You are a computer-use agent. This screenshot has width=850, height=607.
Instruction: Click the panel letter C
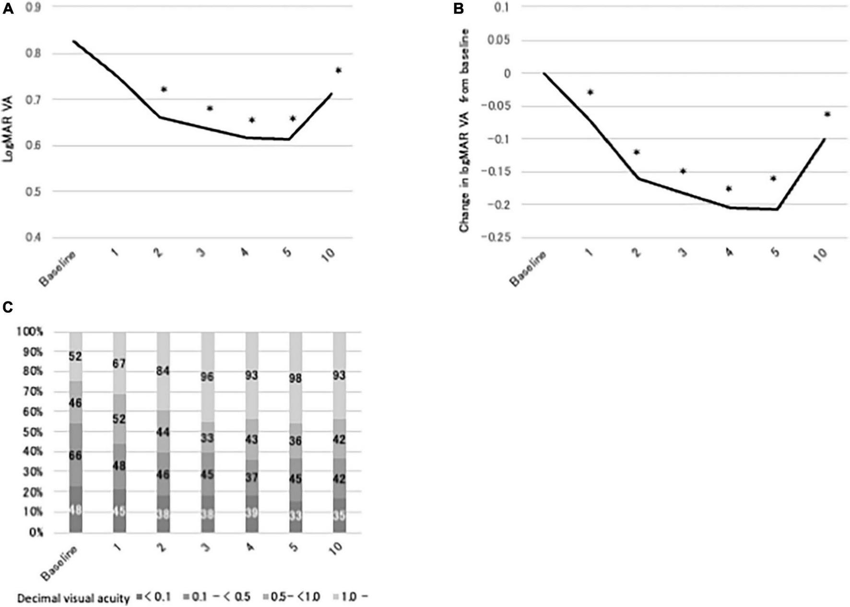[8, 307]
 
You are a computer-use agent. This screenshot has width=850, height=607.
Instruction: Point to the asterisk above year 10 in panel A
[338, 71]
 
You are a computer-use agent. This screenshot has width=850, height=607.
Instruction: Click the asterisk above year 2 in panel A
[164, 89]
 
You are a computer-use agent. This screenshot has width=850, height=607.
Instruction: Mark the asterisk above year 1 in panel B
[590, 92]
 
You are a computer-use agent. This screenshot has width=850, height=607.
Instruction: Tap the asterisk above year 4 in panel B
[729, 189]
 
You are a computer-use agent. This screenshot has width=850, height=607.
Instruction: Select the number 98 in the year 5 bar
[295, 379]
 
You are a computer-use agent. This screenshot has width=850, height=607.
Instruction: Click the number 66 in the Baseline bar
[75, 455]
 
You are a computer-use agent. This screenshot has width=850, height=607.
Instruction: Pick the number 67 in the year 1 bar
[119, 364]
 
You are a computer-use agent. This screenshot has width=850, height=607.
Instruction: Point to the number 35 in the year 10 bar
[339, 516]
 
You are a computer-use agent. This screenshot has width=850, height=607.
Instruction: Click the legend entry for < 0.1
[153, 598]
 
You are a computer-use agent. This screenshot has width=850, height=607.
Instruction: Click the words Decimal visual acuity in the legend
[73, 598]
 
